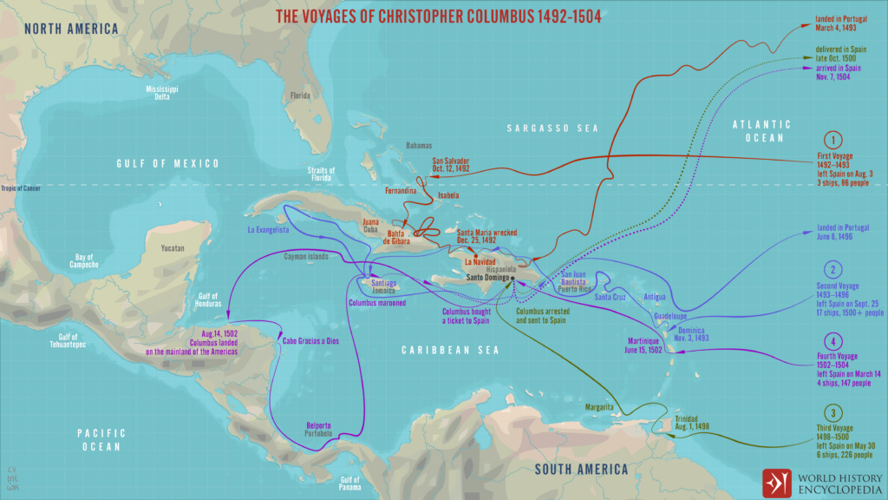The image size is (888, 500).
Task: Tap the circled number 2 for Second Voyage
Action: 832,269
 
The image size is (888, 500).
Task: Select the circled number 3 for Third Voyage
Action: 832,413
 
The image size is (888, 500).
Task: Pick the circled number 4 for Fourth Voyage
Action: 832,341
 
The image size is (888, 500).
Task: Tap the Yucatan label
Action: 173,248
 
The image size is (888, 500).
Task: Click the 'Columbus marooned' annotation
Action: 377,303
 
